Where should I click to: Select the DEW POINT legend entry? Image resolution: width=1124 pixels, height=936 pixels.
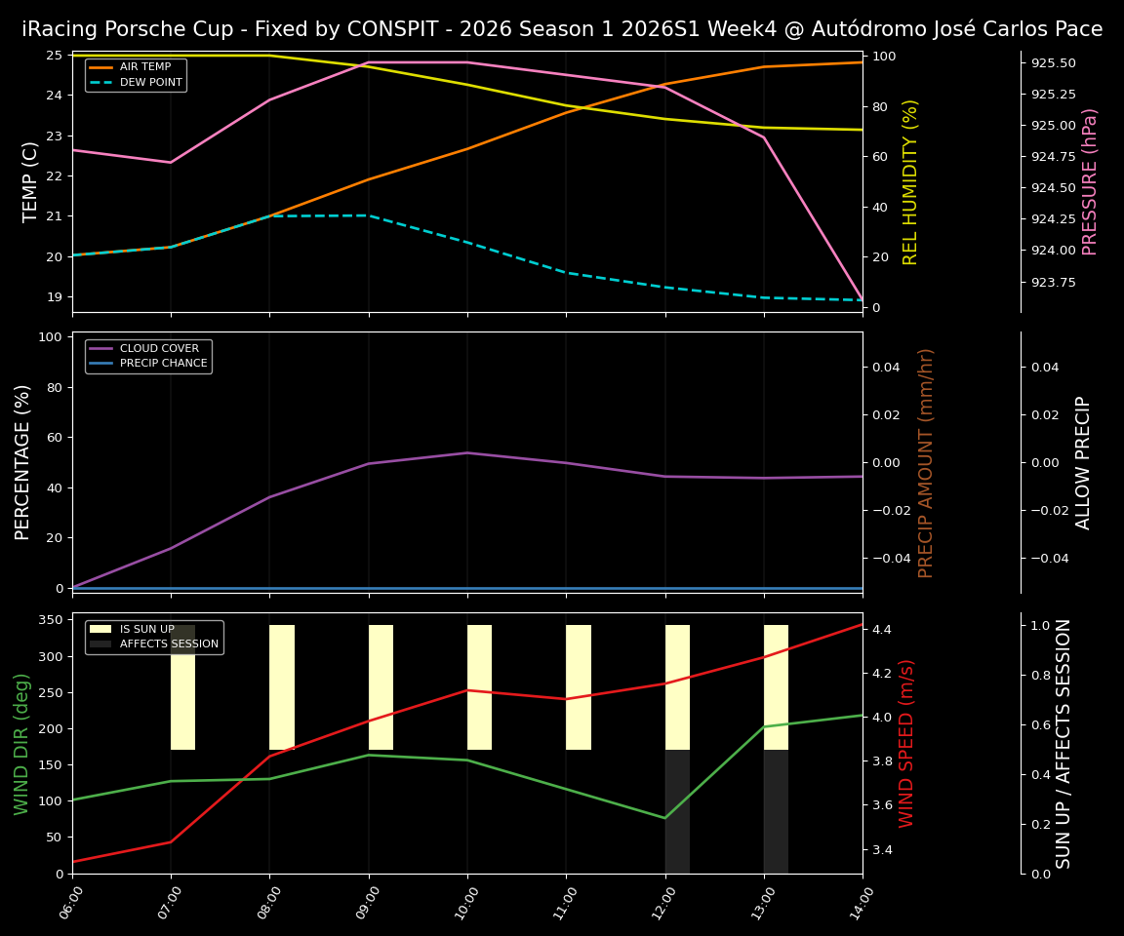pyautogui.click(x=151, y=83)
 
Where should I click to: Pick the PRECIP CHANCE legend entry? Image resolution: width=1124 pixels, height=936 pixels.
pyautogui.click(x=163, y=364)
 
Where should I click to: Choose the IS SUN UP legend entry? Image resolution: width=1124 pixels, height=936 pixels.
pyautogui.click(x=147, y=629)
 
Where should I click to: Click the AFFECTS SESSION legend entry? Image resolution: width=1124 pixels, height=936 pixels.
pyautogui.click(x=169, y=644)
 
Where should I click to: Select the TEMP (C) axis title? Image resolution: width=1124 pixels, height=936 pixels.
pyautogui.click(x=31, y=181)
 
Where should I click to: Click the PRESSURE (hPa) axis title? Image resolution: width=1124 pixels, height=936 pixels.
pyautogui.click(x=1090, y=181)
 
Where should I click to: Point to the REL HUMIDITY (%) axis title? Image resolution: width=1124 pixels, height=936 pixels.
pyautogui.click(x=910, y=181)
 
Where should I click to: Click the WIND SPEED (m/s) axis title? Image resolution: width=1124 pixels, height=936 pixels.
pyautogui.click(x=907, y=743)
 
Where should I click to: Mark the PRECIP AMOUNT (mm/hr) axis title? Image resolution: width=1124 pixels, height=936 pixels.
pyautogui.click(x=926, y=462)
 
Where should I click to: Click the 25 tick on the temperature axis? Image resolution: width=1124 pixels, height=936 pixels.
pyautogui.click(x=55, y=56)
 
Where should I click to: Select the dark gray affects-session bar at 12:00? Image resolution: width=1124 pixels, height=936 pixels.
pyautogui.click(x=677, y=811)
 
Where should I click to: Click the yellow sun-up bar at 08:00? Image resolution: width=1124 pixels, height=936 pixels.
pyautogui.click(x=282, y=687)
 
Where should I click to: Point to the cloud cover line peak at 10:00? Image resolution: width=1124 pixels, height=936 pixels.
pyautogui.click(x=467, y=452)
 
